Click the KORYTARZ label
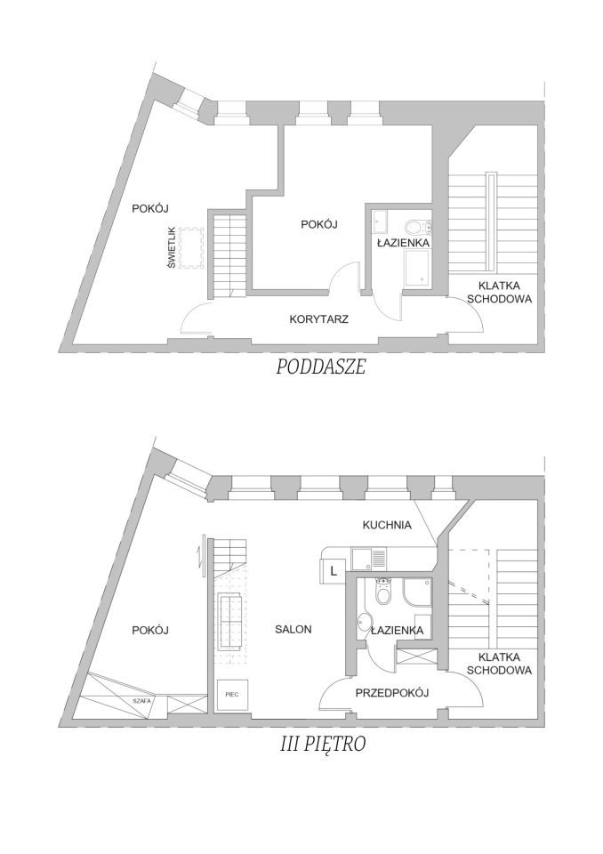tap(318, 318)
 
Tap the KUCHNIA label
tap(387, 525)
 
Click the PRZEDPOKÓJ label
tap(392, 692)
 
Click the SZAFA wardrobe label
tap(141, 701)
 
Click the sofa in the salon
tap(233, 622)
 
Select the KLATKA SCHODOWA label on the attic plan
tap(499, 293)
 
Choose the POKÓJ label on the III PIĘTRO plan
tap(149, 629)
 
